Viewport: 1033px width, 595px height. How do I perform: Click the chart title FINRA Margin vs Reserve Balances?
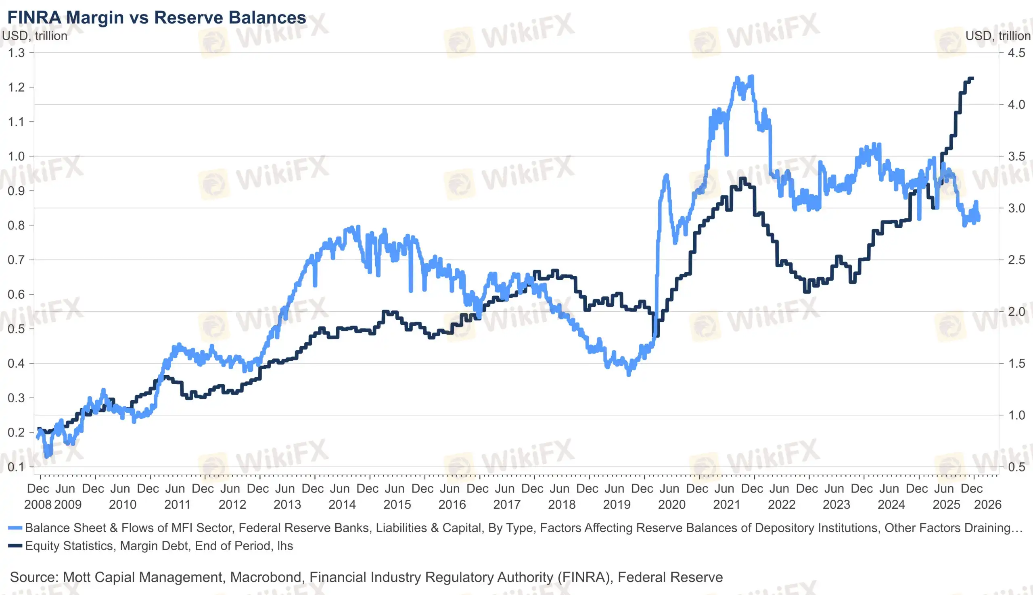point(157,18)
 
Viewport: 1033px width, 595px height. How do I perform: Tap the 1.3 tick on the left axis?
point(17,53)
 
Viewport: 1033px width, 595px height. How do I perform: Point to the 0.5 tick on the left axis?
point(17,329)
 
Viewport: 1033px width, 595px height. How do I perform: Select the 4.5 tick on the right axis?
point(1016,53)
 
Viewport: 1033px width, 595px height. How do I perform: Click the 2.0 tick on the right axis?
point(1016,312)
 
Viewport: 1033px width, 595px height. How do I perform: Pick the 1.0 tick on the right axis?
point(1016,415)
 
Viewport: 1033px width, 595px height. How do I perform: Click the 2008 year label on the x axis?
point(38,505)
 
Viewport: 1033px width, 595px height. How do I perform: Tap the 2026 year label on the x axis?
point(988,505)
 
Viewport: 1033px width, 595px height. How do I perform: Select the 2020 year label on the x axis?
point(671,505)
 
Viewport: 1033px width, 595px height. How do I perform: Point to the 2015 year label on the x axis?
point(397,505)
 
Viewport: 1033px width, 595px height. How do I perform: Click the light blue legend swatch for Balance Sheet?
point(15,528)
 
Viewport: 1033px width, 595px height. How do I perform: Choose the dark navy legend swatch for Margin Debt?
point(15,546)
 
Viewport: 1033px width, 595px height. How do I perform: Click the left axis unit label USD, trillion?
point(35,36)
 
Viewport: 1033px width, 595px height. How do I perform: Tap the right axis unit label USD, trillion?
point(998,36)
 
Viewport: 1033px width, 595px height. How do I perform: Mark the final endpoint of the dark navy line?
point(972,78)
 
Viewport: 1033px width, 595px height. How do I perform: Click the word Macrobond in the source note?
point(266,577)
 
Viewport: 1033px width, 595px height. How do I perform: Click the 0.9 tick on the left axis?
point(17,191)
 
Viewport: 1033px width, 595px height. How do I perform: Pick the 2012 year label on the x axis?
point(232,505)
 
